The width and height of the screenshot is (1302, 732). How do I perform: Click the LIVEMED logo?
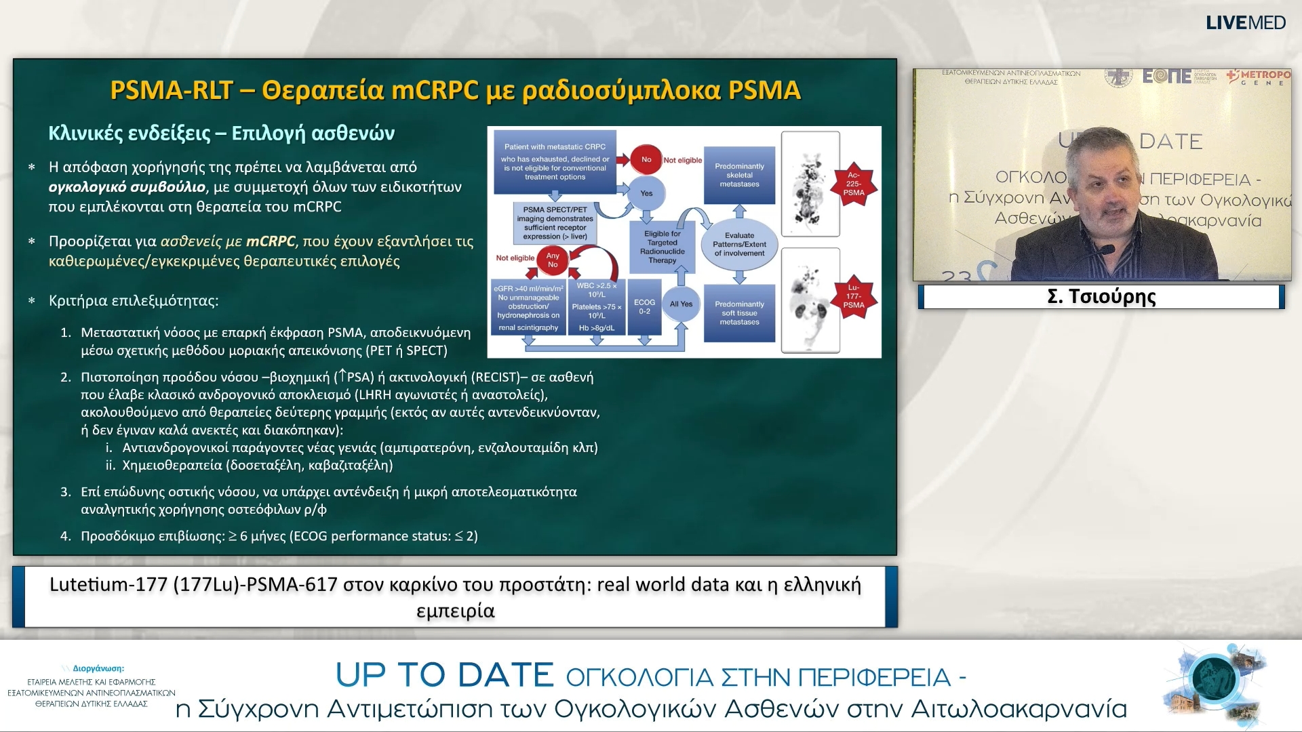1246,22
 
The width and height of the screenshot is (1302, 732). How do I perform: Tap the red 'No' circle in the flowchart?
646,160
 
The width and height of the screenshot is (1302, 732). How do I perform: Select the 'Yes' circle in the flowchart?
646,193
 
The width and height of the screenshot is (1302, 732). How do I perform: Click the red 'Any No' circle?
553,260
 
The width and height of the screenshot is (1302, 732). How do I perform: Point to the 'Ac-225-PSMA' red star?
853,184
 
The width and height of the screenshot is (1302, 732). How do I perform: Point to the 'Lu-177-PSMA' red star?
853,296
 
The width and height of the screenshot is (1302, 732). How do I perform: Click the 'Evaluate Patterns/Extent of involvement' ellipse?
739,245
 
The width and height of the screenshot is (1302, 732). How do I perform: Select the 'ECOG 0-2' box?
644,306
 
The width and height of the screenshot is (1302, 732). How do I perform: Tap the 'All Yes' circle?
681,304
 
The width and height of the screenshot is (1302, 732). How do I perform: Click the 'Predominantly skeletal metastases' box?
739,175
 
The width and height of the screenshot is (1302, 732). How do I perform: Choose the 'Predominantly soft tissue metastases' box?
739,312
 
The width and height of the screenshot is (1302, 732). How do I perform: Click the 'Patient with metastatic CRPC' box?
555,161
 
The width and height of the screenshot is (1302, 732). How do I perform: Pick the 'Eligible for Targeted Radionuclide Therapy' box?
662,247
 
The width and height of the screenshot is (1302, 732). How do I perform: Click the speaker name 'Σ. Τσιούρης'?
1101,297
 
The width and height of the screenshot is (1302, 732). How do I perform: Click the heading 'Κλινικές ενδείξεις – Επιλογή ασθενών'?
221,133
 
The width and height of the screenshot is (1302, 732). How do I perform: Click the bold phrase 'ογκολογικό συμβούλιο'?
127,187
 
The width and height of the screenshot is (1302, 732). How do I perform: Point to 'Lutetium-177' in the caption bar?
108,585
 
